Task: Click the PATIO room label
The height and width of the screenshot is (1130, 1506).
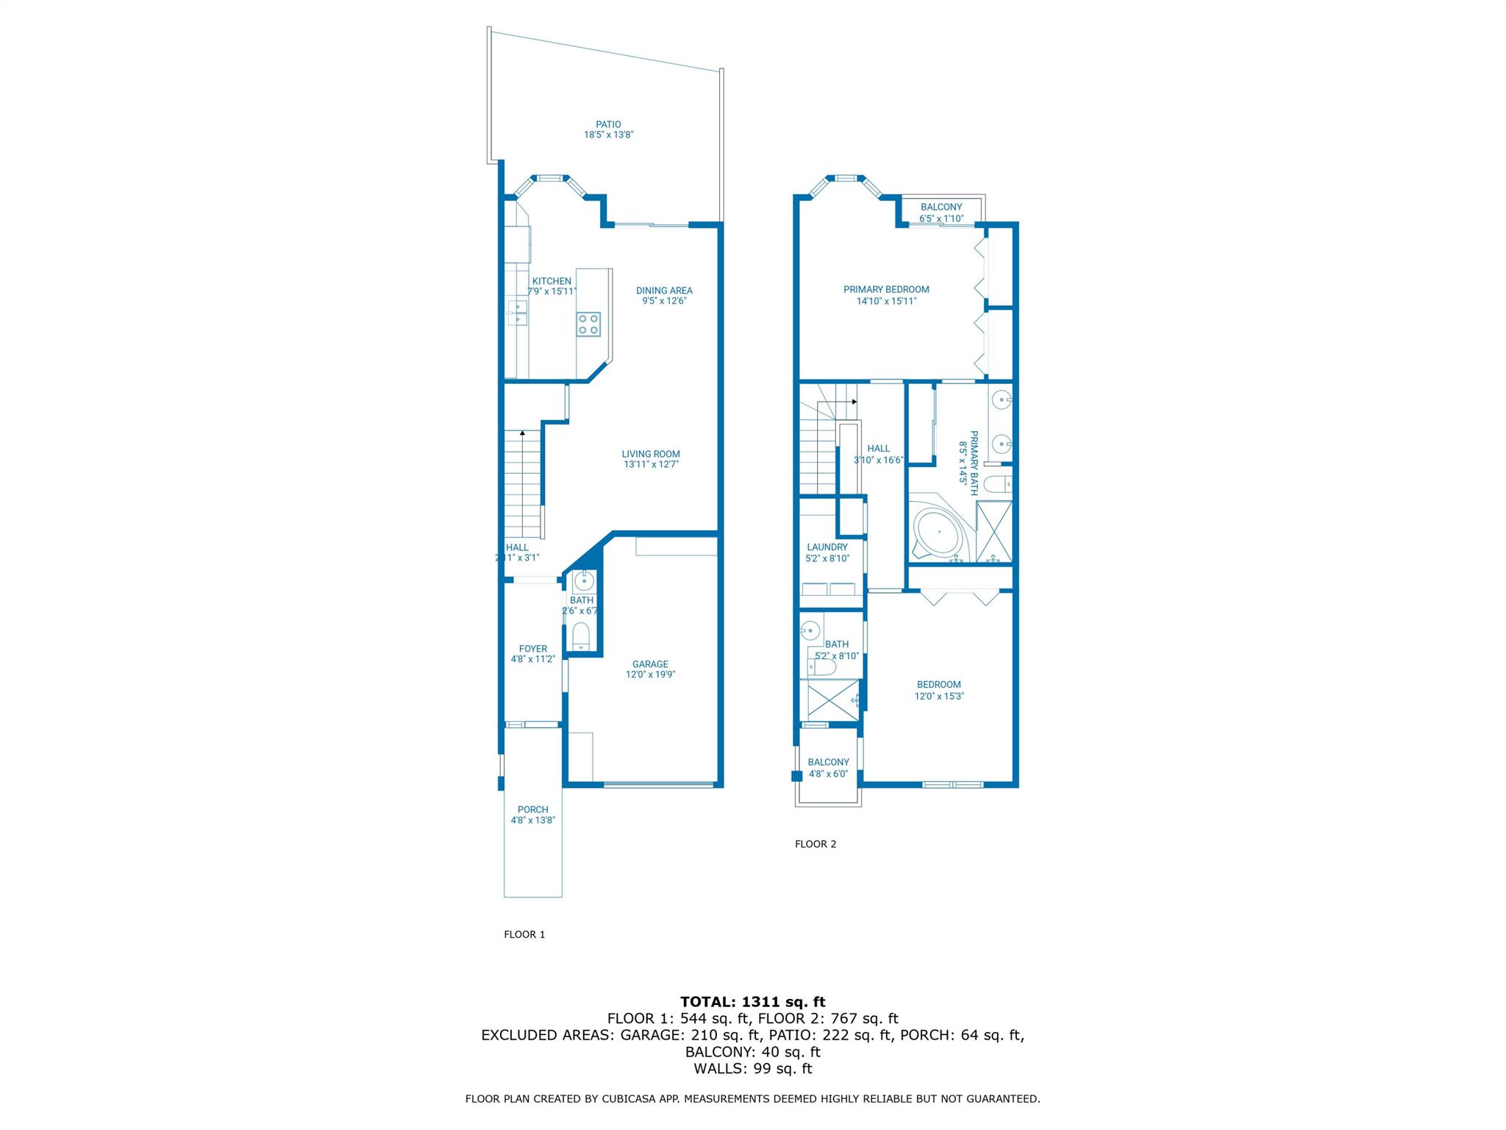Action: [x=608, y=124]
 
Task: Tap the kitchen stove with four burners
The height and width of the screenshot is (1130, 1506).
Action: [x=588, y=324]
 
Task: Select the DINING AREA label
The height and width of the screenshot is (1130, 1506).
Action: [x=664, y=291]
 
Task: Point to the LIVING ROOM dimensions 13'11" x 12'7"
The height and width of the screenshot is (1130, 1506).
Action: [x=651, y=464]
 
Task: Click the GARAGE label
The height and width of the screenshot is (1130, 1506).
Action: [x=650, y=664]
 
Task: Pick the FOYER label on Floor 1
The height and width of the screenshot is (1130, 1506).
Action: [x=533, y=649]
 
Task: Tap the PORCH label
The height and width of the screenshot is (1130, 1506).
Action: [x=532, y=809]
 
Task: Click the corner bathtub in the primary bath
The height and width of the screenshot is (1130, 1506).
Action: [x=938, y=531]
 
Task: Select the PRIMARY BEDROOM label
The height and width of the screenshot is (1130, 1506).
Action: [x=886, y=289]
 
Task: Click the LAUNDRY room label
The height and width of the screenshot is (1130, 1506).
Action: [x=827, y=547]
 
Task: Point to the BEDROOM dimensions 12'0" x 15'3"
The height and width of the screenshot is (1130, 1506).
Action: [x=939, y=696]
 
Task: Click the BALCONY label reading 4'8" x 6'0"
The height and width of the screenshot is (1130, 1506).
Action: [x=828, y=762]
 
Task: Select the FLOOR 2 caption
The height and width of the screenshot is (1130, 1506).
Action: [x=816, y=844]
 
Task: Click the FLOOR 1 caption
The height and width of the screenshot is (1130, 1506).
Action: [x=524, y=934]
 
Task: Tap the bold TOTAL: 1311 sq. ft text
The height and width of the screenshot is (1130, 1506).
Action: [x=752, y=1001]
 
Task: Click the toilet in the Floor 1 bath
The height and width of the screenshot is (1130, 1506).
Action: [x=582, y=634]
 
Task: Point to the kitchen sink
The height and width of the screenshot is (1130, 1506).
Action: [x=517, y=313]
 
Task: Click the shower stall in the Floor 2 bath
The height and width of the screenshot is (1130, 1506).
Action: [x=833, y=700]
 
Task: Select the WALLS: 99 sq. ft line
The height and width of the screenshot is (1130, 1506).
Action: [x=752, y=1068]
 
